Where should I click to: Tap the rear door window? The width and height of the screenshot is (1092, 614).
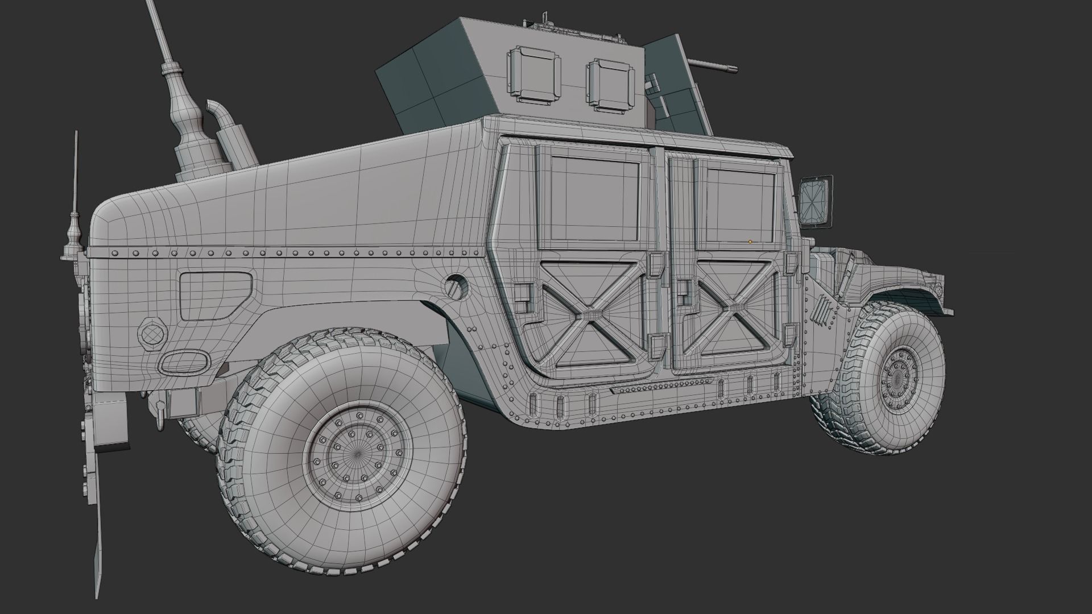[x=595, y=200]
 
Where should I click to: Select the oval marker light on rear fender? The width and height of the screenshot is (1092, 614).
[x=181, y=362]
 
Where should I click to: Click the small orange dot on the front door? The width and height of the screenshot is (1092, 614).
[x=750, y=242]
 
